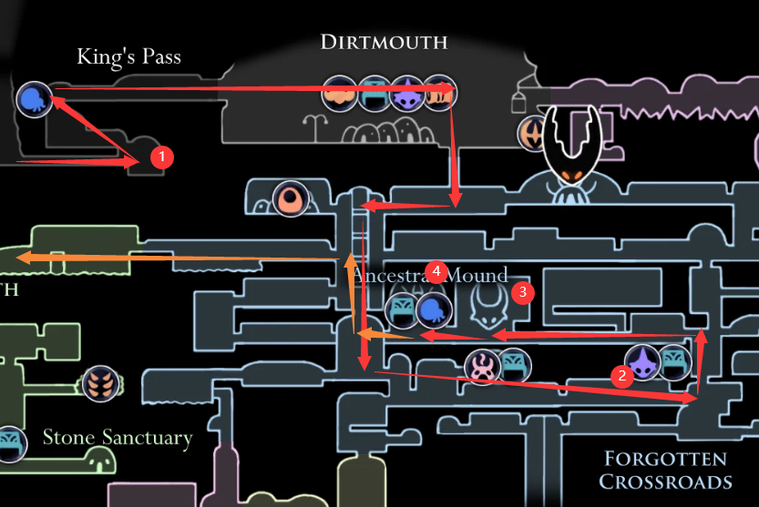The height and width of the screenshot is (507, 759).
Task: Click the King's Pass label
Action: (128, 57)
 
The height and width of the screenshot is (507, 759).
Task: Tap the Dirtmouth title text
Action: (384, 42)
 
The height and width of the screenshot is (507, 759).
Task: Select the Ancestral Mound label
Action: (428, 276)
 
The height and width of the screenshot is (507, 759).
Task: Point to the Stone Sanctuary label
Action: (118, 438)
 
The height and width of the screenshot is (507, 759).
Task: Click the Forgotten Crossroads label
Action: (665, 470)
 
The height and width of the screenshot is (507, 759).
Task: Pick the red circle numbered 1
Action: (161, 157)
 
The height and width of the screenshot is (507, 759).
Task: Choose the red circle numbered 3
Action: (522, 292)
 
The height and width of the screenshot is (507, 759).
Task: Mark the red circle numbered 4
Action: (437, 271)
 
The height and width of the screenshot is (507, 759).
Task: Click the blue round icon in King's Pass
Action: (35, 98)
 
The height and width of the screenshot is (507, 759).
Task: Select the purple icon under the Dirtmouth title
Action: (406, 94)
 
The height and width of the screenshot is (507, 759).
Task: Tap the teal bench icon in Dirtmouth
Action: (374, 94)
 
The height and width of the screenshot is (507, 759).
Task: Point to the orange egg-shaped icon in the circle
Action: (292, 198)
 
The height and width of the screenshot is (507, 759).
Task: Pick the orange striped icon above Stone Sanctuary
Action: (100, 383)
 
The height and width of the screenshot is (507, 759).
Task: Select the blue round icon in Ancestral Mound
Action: (435, 310)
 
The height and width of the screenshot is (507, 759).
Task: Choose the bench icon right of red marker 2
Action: (675, 362)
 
